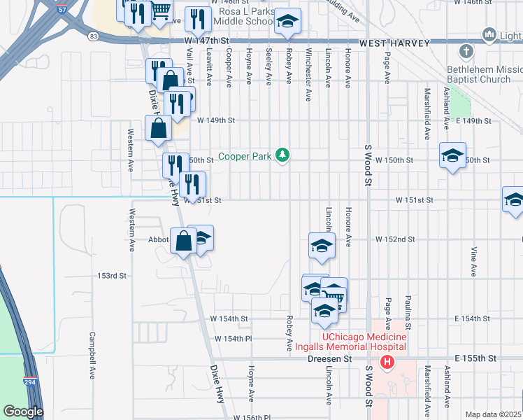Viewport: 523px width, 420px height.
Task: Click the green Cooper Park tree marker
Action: pyautogui.click(x=282, y=155)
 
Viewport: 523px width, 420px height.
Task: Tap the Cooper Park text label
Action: pyautogui.click(x=243, y=156)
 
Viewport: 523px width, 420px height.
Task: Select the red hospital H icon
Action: pyautogui.click(x=387, y=362)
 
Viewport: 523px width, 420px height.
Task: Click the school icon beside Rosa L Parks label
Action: pyautogui.click(x=286, y=22)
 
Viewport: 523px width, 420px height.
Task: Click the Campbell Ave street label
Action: pyautogui.click(x=92, y=355)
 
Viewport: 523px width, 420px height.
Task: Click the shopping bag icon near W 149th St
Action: pyautogui.click(x=159, y=129)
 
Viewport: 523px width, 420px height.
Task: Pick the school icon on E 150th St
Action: pyautogui.click(x=452, y=156)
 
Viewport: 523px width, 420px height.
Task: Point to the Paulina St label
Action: pyautogui.click(x=407, y=312)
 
